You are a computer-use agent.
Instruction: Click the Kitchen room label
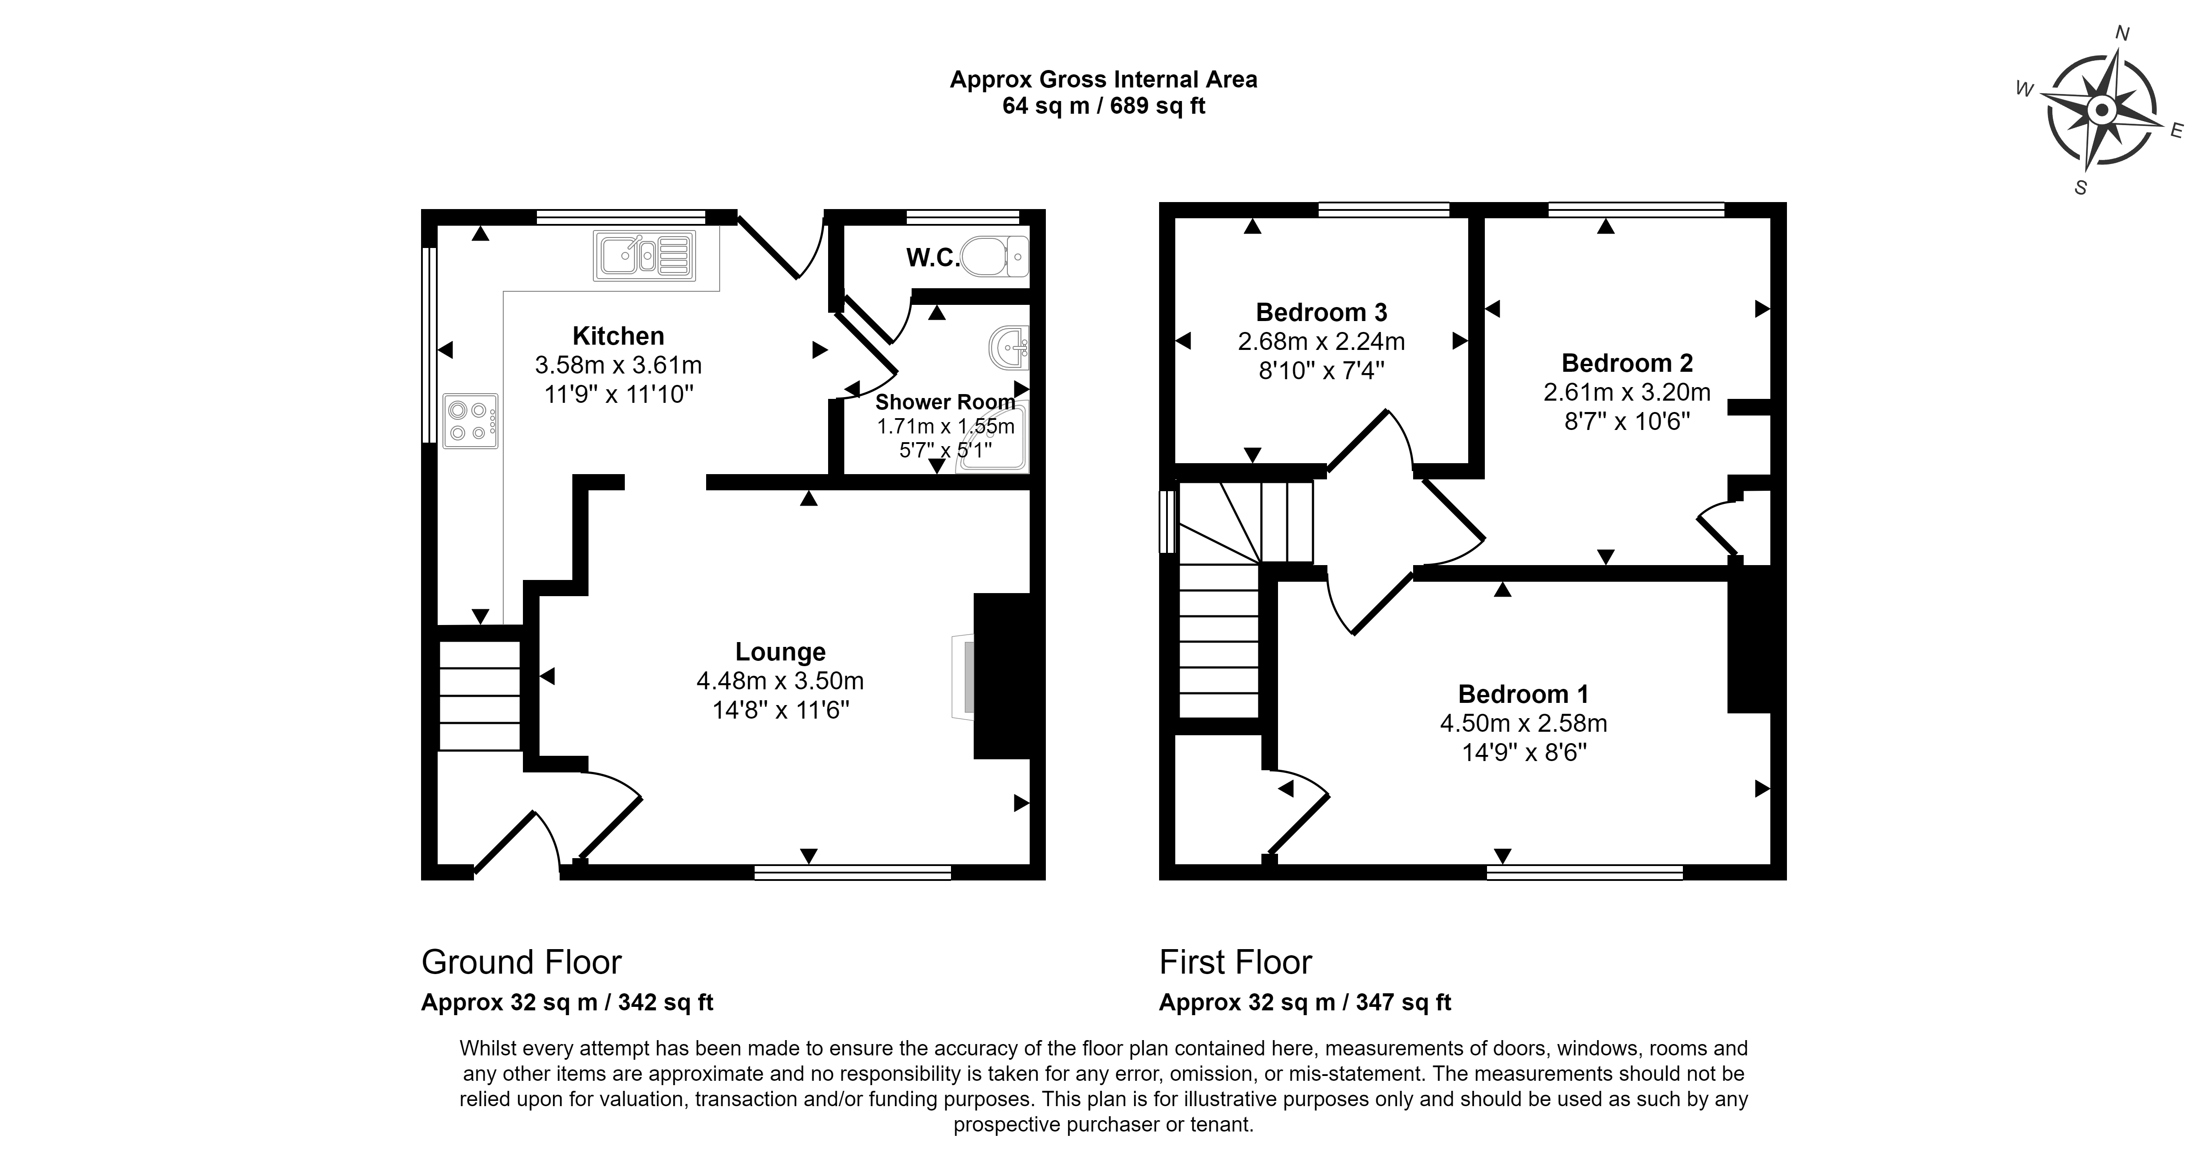[x=618, y=336]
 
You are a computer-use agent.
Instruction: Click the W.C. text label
[x=933, y=258]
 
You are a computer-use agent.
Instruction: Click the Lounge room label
[x=780, y=652]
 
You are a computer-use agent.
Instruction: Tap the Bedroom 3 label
[x=1321, y=312]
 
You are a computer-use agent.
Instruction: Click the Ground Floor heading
[x=521, y=963]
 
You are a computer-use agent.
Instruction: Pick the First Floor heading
[x=1235, y=963]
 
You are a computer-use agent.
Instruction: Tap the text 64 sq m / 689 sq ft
[x=1104, y=105]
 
